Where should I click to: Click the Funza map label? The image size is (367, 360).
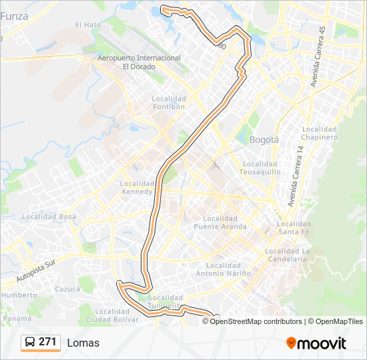tap(15, 17)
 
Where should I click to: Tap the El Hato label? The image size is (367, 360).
tap(87, 25)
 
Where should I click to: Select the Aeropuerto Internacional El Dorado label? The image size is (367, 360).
tap(139, 62)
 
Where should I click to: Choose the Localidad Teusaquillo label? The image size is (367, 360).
tap(260, 167)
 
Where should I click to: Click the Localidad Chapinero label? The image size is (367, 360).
tap(320, 133)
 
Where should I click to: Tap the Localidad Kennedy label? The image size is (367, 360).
tap(137, 187)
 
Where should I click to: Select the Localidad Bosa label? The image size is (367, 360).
tap(49, 217)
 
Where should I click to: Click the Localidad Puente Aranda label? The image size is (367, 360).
tap(220, 222)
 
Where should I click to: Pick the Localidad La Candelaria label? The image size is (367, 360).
tap(288, 255)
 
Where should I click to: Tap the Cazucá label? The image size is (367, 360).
tap(67, 289)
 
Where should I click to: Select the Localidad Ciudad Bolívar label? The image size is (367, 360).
tap(116, 315)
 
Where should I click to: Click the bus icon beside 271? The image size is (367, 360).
tap(30, 342)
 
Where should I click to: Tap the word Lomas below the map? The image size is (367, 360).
tap(83, 343)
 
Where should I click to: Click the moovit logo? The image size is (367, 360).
tap(316, 343)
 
